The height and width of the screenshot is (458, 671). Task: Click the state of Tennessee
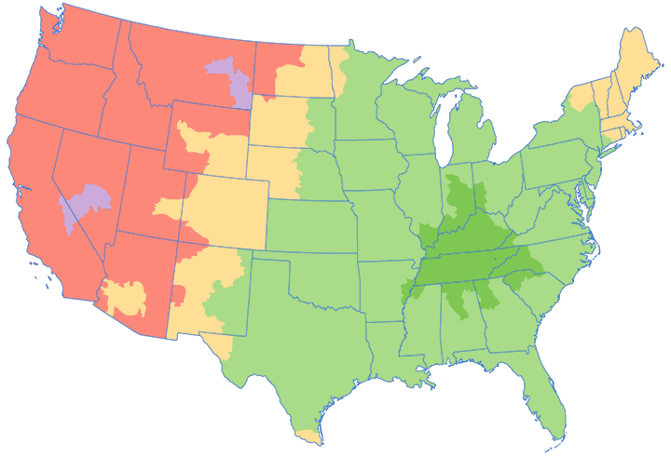pos(457,265)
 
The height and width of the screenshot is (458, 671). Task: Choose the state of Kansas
pos(312,223)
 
